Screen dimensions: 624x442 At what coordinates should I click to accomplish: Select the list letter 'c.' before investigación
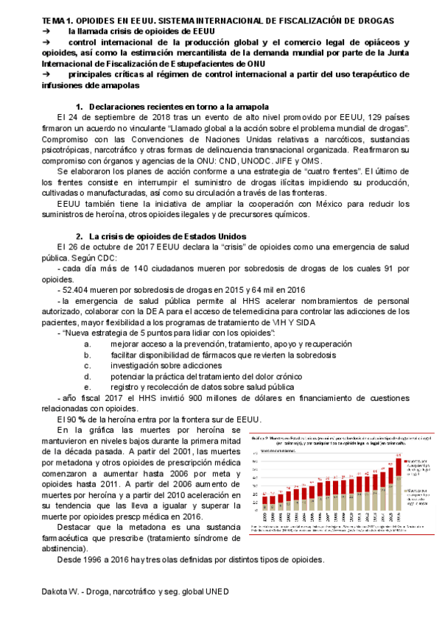[87, 365]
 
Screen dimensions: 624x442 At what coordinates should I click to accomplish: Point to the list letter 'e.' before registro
[87, 386]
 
